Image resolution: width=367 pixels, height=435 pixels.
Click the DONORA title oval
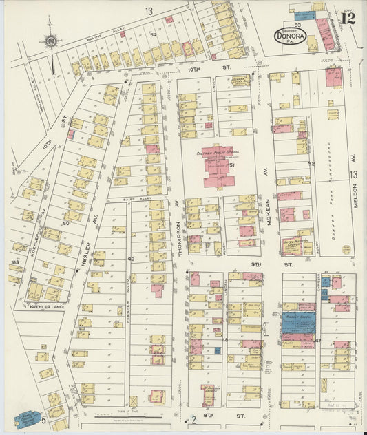pyautogui.click(x=290, y=36)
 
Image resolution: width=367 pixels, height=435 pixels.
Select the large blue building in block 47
pyautogui.click(x=299, y=323)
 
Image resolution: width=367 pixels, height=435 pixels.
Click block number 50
pyautogui.click(x=67, y=223)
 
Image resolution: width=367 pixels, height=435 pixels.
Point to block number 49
pyautogui.click(x=131, y=259)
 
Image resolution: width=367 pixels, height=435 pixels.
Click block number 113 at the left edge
pyautogui.click(x=14, y=263)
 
